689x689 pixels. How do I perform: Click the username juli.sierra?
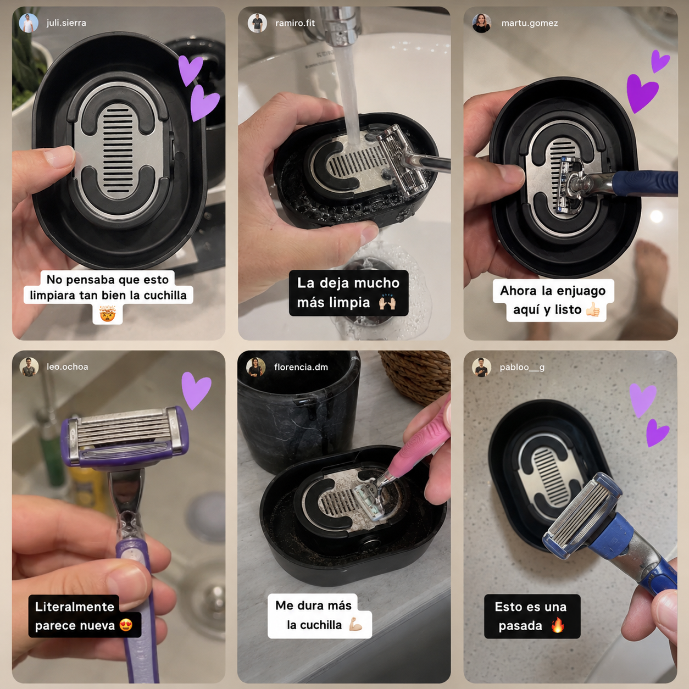(66, 23)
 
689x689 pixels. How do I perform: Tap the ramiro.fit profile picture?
(257, 23)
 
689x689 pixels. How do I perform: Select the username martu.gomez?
(530, 23)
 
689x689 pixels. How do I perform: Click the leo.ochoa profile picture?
(29, 367)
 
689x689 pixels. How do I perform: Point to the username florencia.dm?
(301, 367)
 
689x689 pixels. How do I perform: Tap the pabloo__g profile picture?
(481, 367)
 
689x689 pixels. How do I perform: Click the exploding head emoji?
(107, 314)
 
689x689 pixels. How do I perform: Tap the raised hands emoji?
(387, 303)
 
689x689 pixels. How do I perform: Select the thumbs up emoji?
(592, 309)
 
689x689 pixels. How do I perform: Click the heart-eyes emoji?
(126, 625)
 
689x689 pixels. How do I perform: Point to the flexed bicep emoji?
(355, 625)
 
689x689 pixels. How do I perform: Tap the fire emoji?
(558, 625)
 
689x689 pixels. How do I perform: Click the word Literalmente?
(74, 607)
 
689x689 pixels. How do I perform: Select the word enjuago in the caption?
(581, 291)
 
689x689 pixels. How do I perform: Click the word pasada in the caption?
(520, 626)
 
